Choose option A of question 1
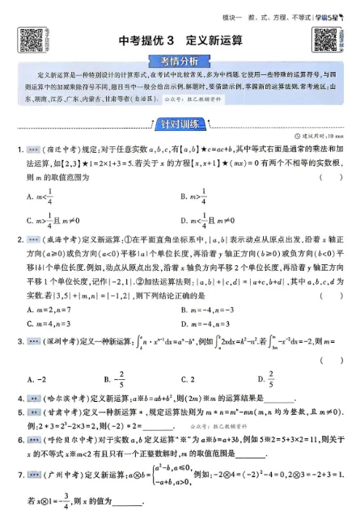(41, 195)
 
